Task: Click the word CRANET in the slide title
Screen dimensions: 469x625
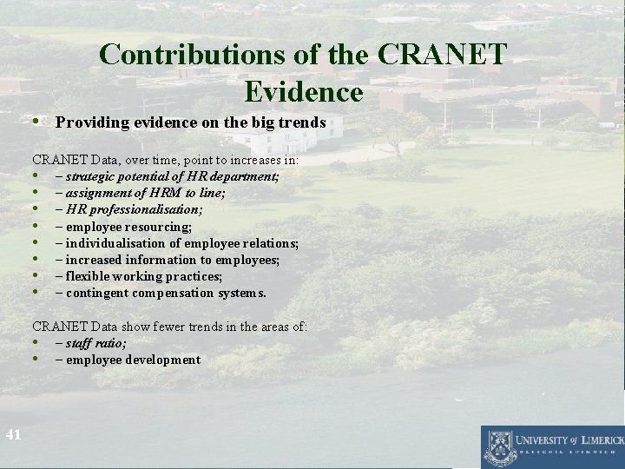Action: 442,55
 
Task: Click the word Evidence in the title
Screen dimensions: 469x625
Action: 304,90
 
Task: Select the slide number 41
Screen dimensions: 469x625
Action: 12,434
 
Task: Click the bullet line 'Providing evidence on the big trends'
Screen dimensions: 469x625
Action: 190,122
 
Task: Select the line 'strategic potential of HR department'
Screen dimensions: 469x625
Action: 167,176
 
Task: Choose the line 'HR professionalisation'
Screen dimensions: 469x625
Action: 128,209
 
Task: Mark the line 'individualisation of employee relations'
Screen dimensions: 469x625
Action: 176,243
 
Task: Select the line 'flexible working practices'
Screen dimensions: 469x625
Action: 138,276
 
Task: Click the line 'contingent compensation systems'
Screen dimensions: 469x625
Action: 160,293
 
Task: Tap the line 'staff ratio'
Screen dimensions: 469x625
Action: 90,343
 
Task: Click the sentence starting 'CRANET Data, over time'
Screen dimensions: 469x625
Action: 165,160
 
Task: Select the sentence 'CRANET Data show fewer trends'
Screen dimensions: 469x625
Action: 169,327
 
